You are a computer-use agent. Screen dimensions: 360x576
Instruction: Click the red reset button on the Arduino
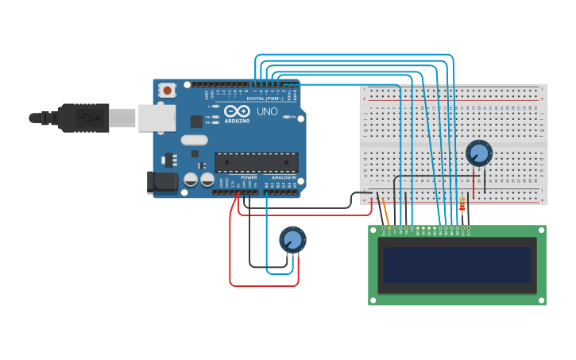tap(167, 90)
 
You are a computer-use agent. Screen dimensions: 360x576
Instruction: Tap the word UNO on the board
tap(268, 112)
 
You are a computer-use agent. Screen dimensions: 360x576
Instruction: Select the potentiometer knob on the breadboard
tap(479, 152)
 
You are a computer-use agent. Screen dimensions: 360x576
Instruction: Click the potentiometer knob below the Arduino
tap(292, 239)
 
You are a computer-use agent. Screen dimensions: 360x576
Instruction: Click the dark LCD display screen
tap(457, 265)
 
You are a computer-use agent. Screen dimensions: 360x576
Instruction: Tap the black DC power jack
tap(162, 183)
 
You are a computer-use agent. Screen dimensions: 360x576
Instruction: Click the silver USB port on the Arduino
tap(157, 118)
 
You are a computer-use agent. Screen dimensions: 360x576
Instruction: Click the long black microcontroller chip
tap(257, 162)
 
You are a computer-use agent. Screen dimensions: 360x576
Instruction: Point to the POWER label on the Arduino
tap(249, 177)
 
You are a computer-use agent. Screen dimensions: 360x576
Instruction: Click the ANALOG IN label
tap(284, 177)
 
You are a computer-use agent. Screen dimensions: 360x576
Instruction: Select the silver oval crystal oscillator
tap(194, 140)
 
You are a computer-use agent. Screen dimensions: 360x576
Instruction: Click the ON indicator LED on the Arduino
tap(285, 117)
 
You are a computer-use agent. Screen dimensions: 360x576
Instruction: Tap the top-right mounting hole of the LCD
tap(541, 230)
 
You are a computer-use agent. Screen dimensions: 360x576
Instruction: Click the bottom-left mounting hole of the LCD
tap(373, 300)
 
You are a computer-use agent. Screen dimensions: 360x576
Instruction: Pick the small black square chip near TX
tap(196, 122)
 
